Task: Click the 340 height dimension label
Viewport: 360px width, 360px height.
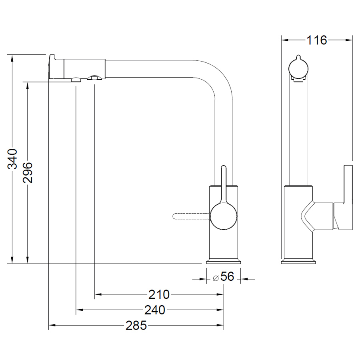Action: point(12,159)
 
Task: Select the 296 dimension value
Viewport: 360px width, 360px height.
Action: point(28,173)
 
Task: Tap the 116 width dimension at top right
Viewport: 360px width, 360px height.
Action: point(317,40)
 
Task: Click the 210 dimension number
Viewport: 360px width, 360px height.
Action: point(159,294)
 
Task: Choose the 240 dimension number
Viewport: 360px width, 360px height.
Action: point(155,310)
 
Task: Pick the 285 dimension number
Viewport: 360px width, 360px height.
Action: point(136,326)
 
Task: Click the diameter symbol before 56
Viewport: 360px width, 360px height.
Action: point(216,278)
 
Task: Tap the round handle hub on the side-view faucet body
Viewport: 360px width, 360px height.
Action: point(224,216)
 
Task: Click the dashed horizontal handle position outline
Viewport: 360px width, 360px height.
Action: point(191,216)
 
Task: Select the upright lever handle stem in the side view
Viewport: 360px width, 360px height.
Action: point(224,184)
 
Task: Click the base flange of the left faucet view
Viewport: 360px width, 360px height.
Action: point(223,262)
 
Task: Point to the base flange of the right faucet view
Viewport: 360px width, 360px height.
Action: point(298,262)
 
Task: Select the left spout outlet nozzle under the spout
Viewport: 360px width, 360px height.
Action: point(76,80)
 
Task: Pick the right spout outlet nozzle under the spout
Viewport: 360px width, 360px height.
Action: point(94,78)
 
